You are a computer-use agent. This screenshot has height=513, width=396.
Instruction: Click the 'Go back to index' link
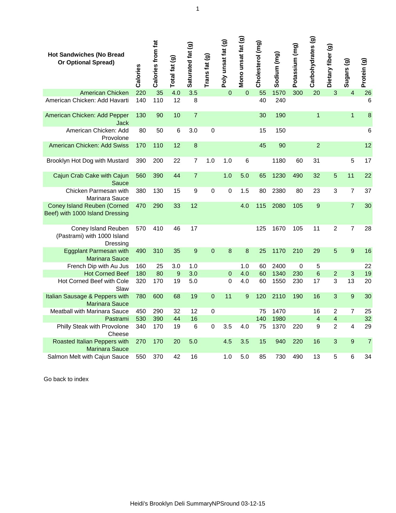coord(66,379)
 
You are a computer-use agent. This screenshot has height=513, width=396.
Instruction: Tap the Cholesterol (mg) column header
coord(258,64)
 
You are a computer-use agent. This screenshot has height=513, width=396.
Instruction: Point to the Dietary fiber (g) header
coord(329,66)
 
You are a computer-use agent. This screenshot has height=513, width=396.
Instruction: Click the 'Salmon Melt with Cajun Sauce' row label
coord(88,357)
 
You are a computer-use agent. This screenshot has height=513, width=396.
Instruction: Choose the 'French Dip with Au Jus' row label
coord(98,266)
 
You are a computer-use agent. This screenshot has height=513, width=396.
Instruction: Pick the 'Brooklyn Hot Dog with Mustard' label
coord(88,161)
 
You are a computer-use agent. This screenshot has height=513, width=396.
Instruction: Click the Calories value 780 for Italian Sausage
coord(141,296)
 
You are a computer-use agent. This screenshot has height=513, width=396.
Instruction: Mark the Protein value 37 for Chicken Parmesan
coord(368,191)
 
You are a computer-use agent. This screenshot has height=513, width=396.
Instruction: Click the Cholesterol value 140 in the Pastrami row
coord(261,319)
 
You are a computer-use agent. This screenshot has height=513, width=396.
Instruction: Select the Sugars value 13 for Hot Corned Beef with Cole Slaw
coord(351,281)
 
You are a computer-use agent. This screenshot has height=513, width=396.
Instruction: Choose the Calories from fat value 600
coord(158,296)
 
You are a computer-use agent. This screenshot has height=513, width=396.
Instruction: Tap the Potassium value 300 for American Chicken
coord(298,93)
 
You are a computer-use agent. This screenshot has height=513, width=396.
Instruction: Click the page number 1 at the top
coord(197,9)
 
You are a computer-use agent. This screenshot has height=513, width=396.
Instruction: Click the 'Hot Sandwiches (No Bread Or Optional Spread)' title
coord(86,58)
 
